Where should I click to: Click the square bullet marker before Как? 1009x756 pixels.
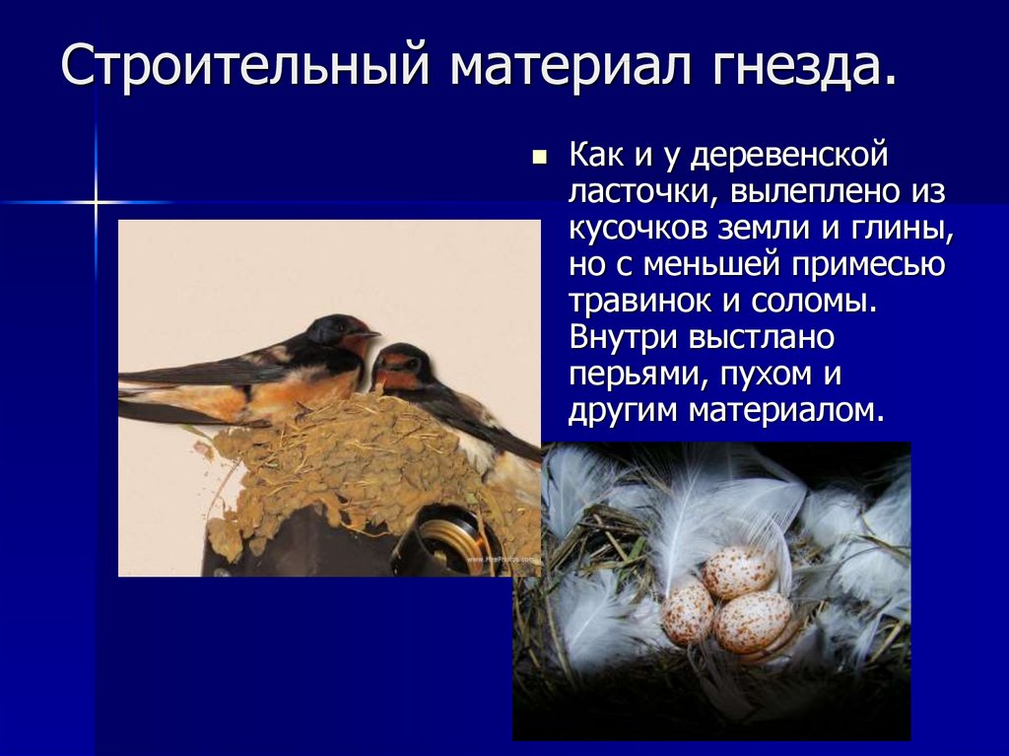[x=538, y=157]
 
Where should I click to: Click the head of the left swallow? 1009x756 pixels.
[x=340, y=331]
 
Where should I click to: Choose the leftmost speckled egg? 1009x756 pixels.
[x=688, y=612]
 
